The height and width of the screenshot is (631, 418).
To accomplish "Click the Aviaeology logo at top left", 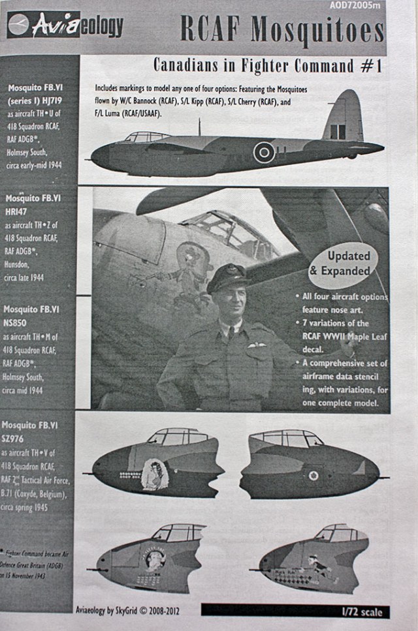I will (x=65, y=25).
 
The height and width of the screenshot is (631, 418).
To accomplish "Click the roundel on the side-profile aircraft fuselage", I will (x=264, y=152).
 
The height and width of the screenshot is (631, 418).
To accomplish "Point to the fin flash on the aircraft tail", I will (x=337, y=131).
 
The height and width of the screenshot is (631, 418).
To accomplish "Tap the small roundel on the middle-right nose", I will (x=313, y=475).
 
